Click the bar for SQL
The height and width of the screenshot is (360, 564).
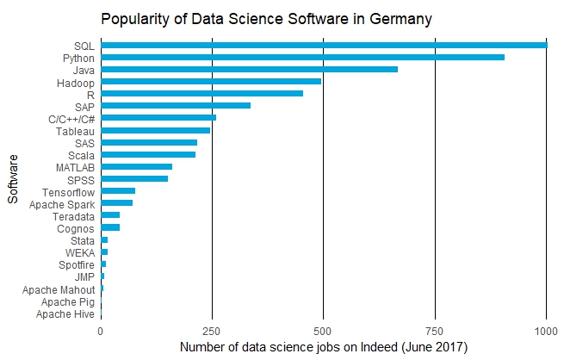pos(324,46)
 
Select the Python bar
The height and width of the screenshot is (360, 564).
pos(302,58)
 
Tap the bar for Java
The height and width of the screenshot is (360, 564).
pos(249,70)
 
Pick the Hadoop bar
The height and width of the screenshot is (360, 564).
pos(211,82)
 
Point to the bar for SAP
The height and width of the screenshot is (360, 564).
pos(176,106)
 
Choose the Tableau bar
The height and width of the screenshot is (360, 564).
pos(155,130)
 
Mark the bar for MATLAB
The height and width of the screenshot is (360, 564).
pos(137,167)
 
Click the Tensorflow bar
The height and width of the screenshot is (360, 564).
pos(118,191)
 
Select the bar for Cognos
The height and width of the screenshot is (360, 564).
pos(110,227)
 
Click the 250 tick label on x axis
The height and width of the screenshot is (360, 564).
pos(212,332)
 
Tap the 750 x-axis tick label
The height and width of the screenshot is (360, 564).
pos(435,332)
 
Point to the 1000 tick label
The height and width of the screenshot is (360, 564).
pos(546,332)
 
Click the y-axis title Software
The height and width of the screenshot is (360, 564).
pos(13,179)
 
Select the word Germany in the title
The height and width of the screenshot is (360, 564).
pos(400,19)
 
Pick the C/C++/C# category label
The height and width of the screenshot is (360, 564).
pos(71,119)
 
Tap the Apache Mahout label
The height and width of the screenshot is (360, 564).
pos(59,290)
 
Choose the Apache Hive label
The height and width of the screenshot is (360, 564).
pos(65,314)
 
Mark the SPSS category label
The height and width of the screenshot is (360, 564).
pos(81,180)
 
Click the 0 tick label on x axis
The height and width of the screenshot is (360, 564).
pos(101,332)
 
